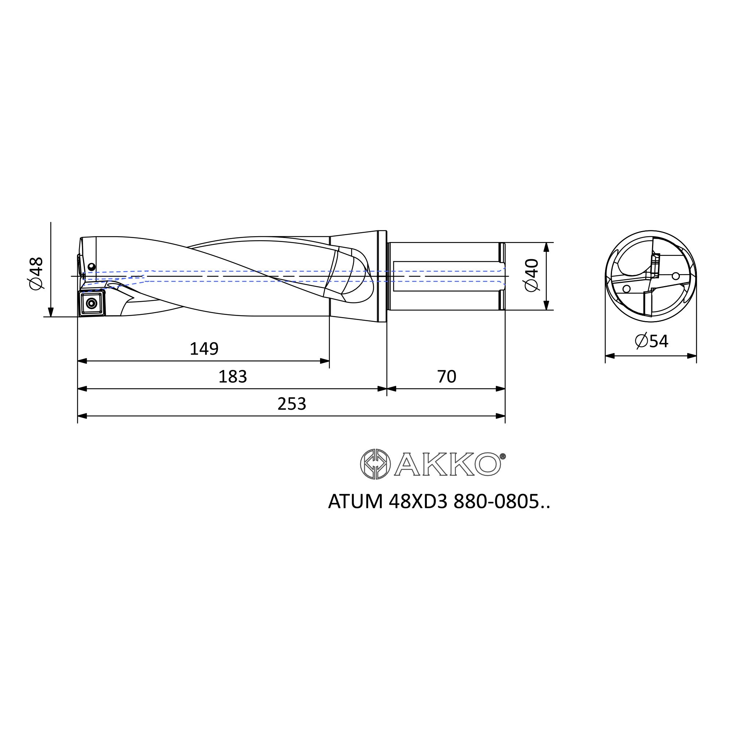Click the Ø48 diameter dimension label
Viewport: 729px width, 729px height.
pos(36,274)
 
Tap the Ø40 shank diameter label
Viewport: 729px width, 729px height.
pos(532,275)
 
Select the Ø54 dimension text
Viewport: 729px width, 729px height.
pos(651,341)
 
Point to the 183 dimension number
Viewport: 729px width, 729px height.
pos(233,377)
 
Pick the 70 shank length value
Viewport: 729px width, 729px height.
pos(447,377)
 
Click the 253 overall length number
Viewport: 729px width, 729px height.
pos(292,404)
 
